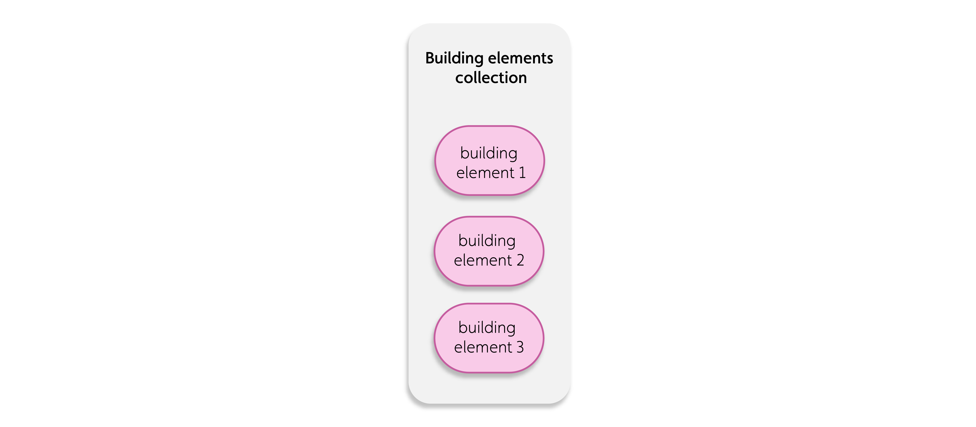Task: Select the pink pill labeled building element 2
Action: [489, 251]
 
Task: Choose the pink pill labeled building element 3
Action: [489, 338]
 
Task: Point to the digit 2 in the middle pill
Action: [520, 260]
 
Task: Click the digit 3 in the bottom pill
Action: [520, 347]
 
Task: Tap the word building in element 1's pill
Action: [489, 153]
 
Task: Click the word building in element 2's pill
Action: [487, 241]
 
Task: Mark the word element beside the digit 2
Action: [483, 260]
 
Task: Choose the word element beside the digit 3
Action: [483, 347]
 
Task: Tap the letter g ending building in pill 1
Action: [512, 155]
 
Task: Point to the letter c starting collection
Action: [459, 79]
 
